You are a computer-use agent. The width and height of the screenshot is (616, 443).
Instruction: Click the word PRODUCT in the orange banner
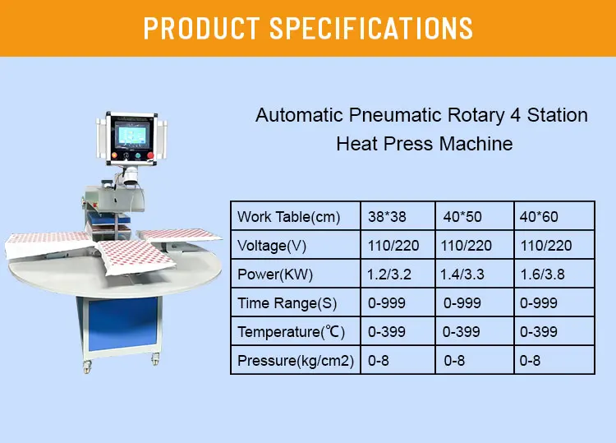pyautogui.click(x=199, y=28)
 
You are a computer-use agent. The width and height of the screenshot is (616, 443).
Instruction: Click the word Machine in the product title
pyautogui.click(x=477, y=144)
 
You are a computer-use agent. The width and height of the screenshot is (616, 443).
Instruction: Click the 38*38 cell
pyautogui.click(x=388, y=217)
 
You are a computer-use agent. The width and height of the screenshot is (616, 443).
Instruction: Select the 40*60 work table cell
pyautogui.click(x=540, y=217)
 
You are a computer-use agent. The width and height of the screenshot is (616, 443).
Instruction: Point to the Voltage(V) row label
pyautogui.click(x=273, y=246)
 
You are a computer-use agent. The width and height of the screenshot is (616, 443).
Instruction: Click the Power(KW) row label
pyautogui.click(x=275, y=275)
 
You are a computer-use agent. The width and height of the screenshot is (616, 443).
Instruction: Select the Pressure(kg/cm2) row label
pyautogui.click(x=296, y=361)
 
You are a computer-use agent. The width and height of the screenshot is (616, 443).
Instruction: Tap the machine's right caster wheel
pyautogui.click(x=155, y=358)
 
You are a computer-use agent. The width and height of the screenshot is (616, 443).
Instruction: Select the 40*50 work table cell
pyautogui.click(x=463, y=217)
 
